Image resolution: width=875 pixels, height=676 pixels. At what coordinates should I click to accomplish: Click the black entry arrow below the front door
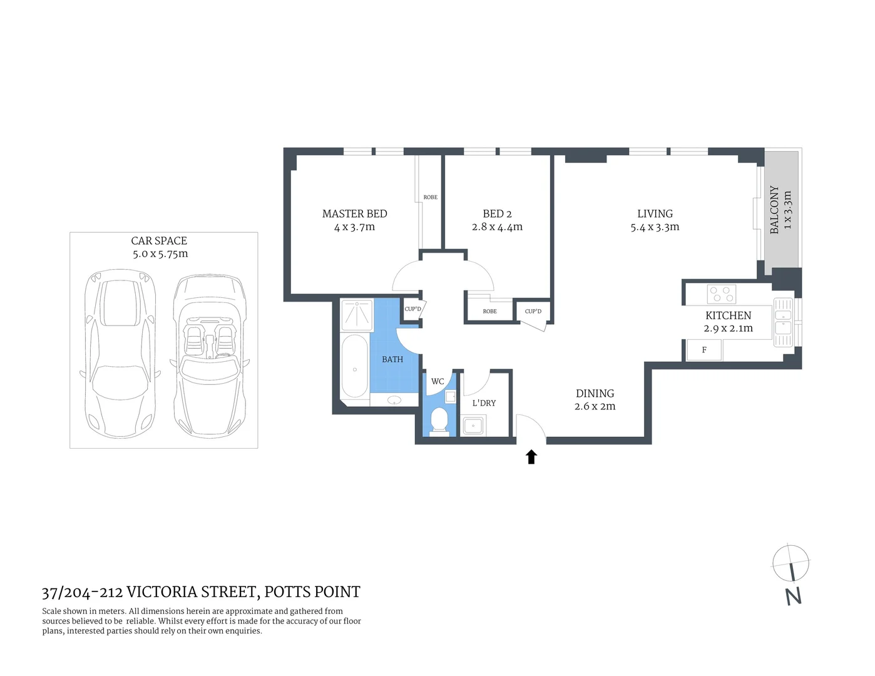click(x=531, y=457)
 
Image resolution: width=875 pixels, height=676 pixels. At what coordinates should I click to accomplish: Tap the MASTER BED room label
click(x=354, y=214)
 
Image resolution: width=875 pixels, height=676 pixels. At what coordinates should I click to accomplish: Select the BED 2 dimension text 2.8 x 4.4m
click(x=497, y=227)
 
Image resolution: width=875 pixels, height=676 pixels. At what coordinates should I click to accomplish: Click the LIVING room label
click(x=655, y=213)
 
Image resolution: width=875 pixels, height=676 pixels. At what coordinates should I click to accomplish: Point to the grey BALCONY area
click(x=781, y=209)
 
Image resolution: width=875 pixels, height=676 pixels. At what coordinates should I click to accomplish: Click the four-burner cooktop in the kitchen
click(x=721, y=294)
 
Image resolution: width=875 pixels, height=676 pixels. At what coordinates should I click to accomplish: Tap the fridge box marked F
click(x=704, y=350)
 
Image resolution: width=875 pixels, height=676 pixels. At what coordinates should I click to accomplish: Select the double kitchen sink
click(x=783, y=322)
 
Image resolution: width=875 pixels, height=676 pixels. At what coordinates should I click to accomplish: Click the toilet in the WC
click(x=439, y=420)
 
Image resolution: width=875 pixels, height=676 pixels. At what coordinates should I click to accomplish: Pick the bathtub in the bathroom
click(x=355, y=366)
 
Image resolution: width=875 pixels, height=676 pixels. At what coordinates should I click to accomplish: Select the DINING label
click(x=595, y=393)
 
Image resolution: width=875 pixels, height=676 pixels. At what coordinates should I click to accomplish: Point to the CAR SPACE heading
click(x=159, y=240)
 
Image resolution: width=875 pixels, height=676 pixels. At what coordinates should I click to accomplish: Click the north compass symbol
click(x=791, y=563)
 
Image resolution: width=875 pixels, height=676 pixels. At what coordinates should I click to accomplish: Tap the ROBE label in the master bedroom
click(x=431, y=197)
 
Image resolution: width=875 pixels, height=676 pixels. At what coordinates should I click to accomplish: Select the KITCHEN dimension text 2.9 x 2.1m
click(x=728, y=329)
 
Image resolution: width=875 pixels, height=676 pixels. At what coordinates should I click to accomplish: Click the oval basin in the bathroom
click(x=395, y=400)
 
